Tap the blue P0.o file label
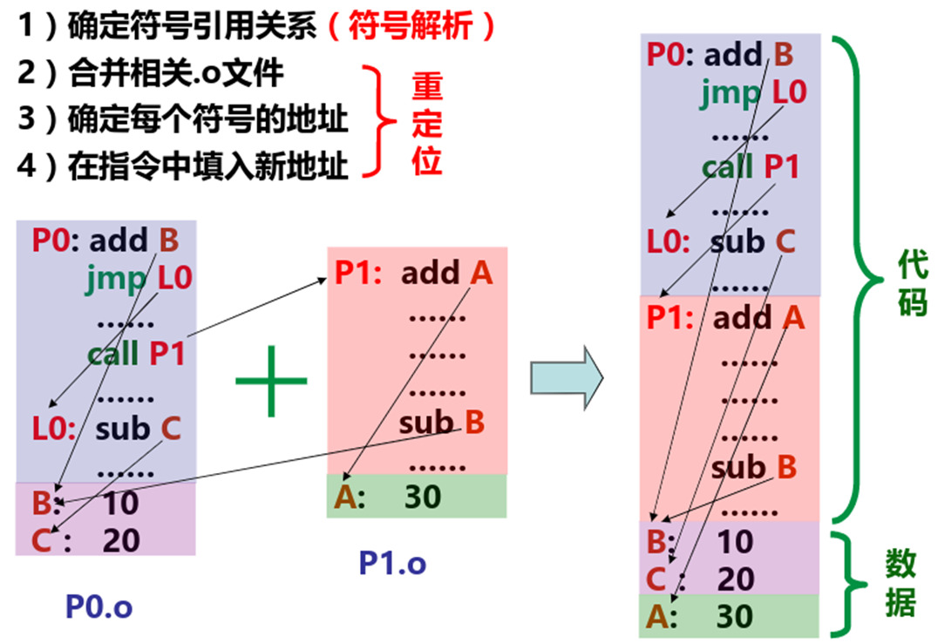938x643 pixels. [99, 606]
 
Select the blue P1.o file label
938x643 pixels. [392, 563]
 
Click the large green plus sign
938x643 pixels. [271, 381]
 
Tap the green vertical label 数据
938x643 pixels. [901, 583]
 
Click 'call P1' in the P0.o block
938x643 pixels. [136, 354]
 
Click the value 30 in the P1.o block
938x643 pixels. [423, 497]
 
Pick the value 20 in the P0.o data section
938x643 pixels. [120, 540]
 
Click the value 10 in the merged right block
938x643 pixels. [734, 541]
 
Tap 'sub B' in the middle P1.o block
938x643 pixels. [441, 423]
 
